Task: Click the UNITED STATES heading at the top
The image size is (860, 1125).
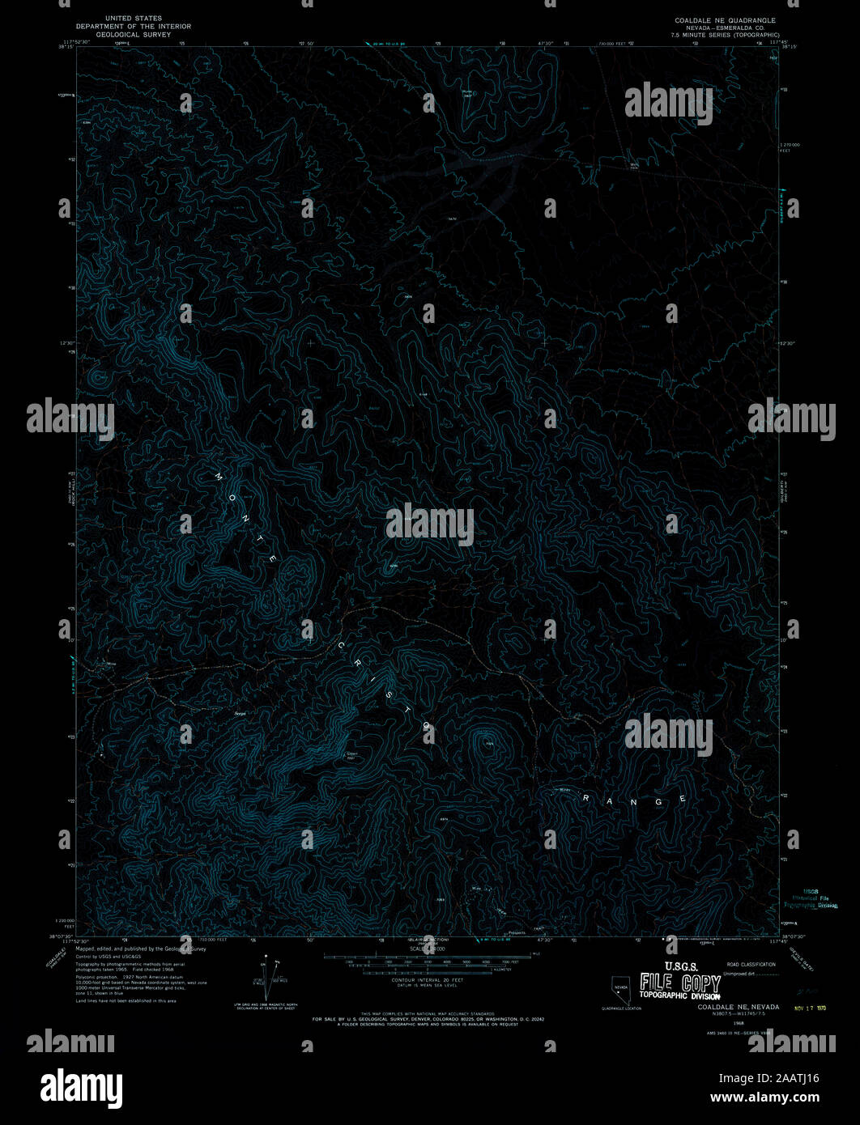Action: [134, 18]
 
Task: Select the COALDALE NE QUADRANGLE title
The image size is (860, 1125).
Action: [725, 20]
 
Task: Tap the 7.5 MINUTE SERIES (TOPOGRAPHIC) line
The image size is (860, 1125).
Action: [725, 36]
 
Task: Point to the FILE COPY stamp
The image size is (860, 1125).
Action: [679, 983]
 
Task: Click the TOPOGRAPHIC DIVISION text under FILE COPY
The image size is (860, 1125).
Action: [679, 996]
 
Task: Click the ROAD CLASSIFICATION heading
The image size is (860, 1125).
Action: [751, 964]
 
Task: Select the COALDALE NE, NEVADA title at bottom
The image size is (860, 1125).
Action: [738, 1007]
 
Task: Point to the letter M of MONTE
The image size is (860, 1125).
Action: [219, 477]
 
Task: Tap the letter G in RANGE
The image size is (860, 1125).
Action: [659, 801]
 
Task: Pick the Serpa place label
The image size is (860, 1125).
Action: [240, 713]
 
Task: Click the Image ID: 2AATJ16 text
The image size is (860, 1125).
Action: [775, 1078]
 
